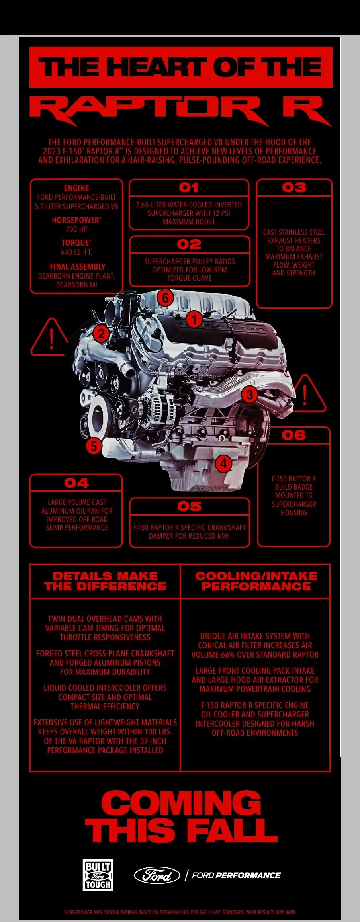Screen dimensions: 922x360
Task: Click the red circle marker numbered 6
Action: tap(165, 297)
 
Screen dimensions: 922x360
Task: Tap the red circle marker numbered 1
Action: tap(194, 319)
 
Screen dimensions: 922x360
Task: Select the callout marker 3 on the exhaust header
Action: tap(250, 395)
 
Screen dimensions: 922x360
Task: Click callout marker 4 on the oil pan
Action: tap(223, 463)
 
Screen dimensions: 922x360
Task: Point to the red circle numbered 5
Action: tap(94, 445)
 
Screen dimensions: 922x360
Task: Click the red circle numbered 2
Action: tap(101, 333)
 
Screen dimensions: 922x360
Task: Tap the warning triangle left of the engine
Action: tap(50, 339)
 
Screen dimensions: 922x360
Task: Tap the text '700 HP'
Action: tap(76, 229)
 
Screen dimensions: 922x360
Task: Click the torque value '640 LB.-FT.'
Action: tap(76, 252)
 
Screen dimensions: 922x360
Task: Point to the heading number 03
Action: tap(294, 188)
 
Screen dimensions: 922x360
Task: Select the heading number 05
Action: tap(190, 506)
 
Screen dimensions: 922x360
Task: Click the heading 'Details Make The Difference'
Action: tap(105, 581)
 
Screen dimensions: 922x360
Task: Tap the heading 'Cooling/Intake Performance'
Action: tap(256, 581)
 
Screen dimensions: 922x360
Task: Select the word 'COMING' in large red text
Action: tap(182, 802)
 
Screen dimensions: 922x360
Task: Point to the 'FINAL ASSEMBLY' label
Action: tap(78, 267)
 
